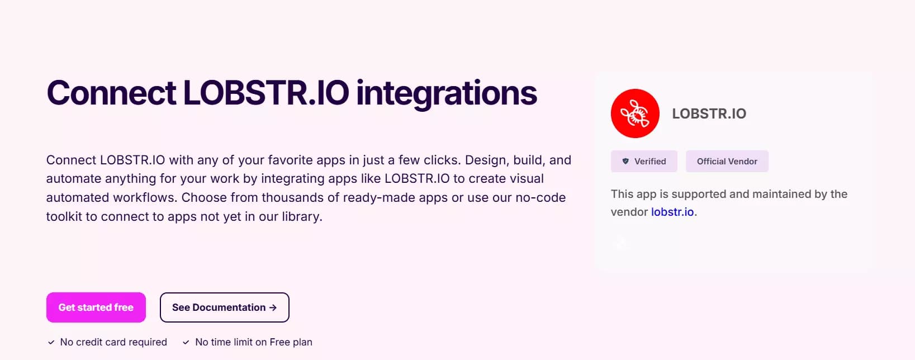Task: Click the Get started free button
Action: [96, 307]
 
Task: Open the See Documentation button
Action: [224, 307]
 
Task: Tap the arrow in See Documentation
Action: [273, 307]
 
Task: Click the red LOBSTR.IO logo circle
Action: [635, 113]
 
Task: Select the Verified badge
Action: [644, 162]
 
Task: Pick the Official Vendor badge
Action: [727, 162]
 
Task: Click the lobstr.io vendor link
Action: [672, 212]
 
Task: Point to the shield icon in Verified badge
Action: [625, 162]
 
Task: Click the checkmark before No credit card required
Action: [51, 342]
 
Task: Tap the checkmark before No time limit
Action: [186, 342]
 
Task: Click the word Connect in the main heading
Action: [111, 93]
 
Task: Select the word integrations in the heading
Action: [446, 93]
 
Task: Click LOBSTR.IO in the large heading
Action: [266, 93]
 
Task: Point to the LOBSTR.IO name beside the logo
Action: [709, 113]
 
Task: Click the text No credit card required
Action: [113, 342]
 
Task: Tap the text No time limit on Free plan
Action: [254, 342]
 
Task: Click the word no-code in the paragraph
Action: [542, 197]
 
